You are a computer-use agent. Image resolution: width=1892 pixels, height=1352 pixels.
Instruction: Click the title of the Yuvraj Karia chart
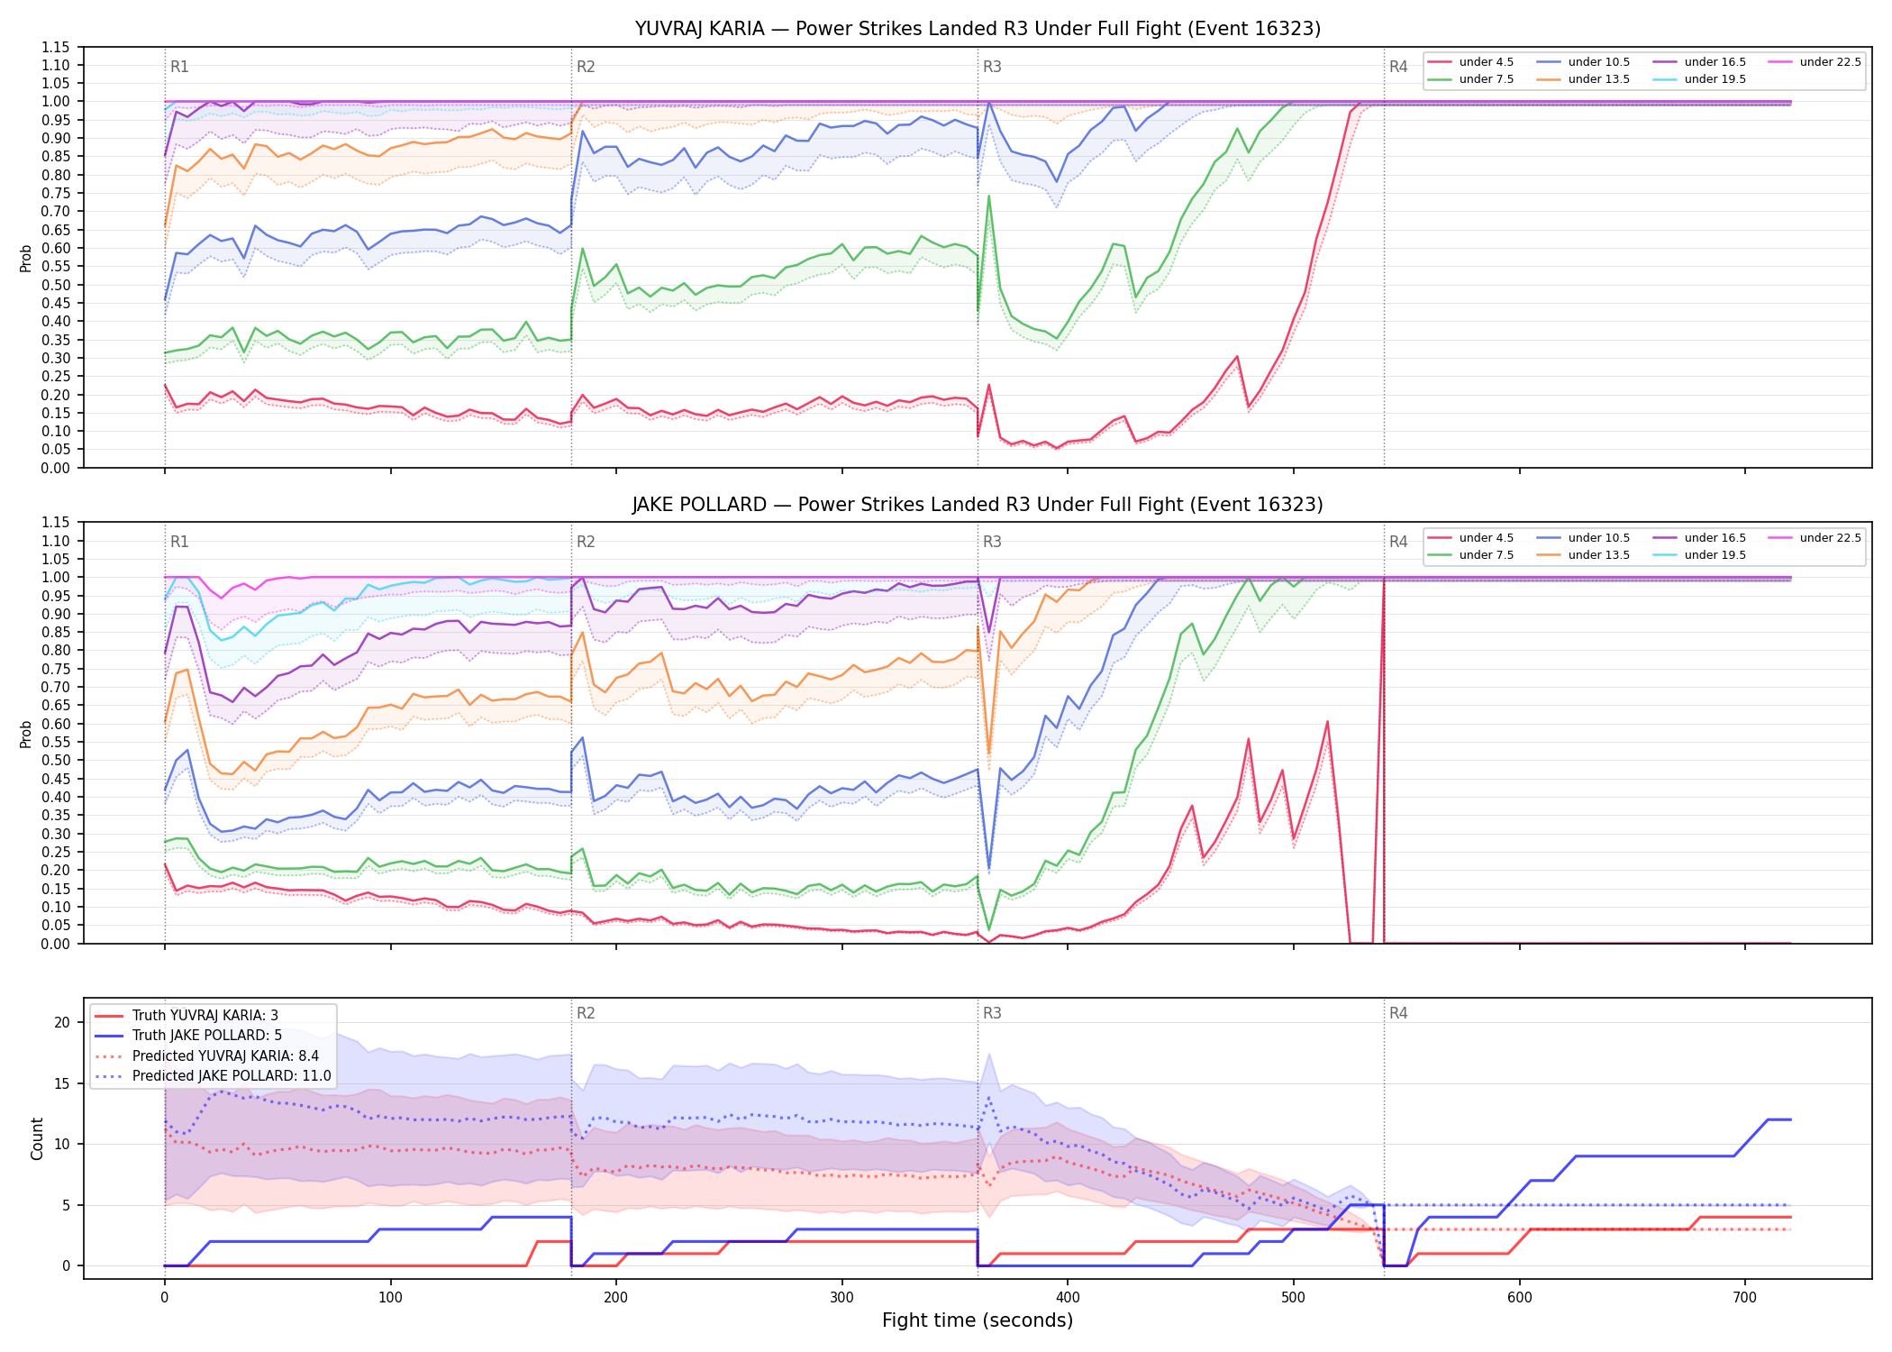[x=978, y=29]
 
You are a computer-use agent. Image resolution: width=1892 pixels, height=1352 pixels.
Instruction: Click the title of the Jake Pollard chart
[x=978, y=505]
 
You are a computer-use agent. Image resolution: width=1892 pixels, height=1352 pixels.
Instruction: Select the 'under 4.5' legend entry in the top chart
[x=1471, y=62]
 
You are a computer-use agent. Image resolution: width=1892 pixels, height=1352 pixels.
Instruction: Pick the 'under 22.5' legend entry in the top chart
[x=1815, y=62]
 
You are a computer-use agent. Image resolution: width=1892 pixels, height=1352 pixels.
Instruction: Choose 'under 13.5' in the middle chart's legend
[x=1583, y=555]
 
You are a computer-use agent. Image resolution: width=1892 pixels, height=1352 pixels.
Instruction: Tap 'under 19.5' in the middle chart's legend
[x=1699, y=555]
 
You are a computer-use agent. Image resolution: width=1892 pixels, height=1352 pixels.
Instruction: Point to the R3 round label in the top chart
[x=992, y=67]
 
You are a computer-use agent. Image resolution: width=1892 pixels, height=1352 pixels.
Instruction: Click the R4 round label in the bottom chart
[x=1398, y=1013]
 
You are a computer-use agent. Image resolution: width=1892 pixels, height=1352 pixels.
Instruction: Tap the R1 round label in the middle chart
[x=179, y=542]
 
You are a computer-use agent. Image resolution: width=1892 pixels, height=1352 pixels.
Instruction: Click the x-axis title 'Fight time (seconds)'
[x=978, y=1320]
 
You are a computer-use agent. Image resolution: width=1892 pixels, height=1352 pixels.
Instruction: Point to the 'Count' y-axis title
[x=37, y=1138]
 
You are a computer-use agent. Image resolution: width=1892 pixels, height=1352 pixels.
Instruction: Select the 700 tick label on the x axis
[x=1745, y=1298]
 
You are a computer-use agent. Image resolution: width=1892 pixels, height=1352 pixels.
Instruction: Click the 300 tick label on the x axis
[x=841, y=1298]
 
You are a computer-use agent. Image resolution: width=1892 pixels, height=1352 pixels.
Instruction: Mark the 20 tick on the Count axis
[x=62, y=1022]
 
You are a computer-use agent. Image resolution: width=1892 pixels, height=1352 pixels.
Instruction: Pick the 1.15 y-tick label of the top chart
[x=55, y=47]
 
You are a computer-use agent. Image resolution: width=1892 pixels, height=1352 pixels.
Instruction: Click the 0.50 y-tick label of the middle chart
[x=55, y=760]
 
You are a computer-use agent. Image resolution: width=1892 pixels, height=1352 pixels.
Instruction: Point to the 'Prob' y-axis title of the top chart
[x=26, y=258]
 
